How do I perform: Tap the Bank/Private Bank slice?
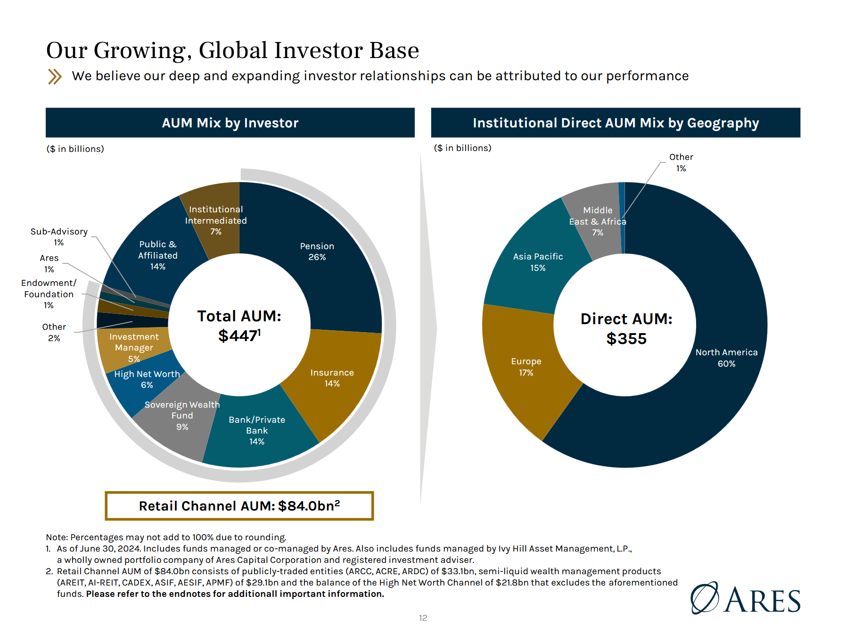pyautogui.click(x=257, y=430)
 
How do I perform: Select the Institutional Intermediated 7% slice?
pyautogui.click(x=215, y=220)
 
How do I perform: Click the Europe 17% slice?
pyautogui.click(x=526, y=367)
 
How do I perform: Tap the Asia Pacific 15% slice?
pyautogui.click(x=537, y=262)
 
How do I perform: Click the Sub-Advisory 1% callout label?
pyautogui.click(x=59, y=237)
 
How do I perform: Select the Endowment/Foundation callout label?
pyautogui.click(x=49, y=294)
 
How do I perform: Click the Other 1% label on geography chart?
pyautogui.click(x=681, y=162)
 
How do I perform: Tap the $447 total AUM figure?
pyautogui.click(x=239, y=336)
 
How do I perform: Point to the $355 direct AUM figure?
pyautogui.click(x=626, y=339)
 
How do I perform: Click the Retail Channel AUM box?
pyautogui.click(x=239, y=506)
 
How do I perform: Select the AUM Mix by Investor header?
pyautogui.click(x=230, y=123)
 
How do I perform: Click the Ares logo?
pyautogui.click(x=746, y=598)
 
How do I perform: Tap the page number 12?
pyautogui.click(x=423, y=618)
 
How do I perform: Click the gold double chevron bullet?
pyautogui.click(x=55, y=76)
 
